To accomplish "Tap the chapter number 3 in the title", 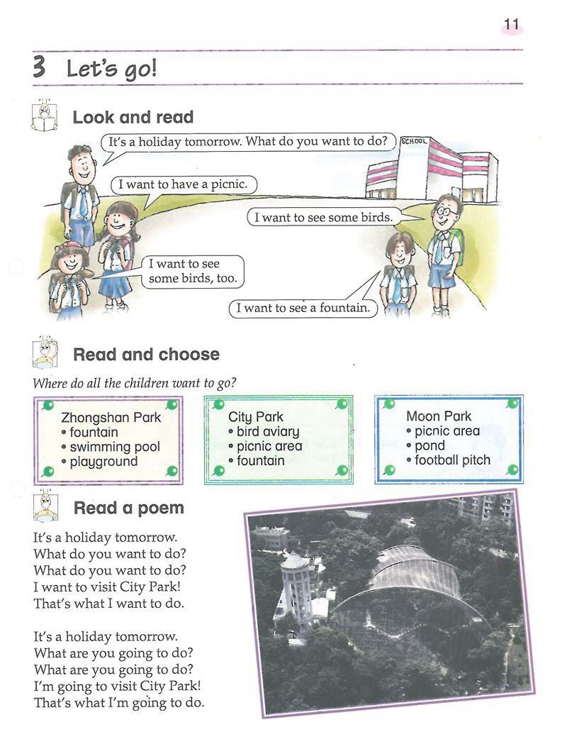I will click(40, 68).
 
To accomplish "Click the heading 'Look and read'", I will click(133, 117).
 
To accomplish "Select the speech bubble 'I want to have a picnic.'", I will click(183, 184).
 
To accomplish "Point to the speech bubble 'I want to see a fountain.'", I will click(303, 309).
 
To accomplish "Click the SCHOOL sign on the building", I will click(414, 141).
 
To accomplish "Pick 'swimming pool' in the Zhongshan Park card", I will click(114, 447).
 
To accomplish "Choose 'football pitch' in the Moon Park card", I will click(452, 460).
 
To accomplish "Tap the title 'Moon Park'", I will click(439, 416).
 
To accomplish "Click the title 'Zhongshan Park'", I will click(111, 417).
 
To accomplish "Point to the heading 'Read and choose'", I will click(146, 354).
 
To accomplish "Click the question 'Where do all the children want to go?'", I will click(135, 384).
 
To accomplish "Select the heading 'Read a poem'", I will click(128, 508).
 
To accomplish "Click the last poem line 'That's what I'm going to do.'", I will click(118, 703).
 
